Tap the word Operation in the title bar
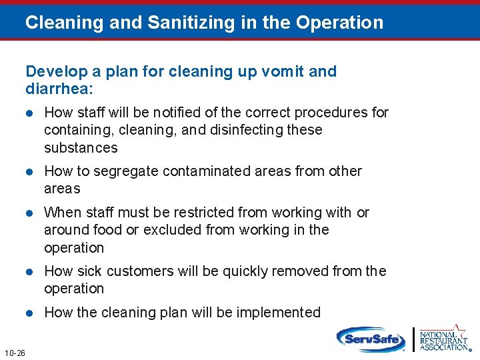click(339, 23)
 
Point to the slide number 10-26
click(15, 353)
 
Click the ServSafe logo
click(371, 339)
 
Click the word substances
click(81, 147)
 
